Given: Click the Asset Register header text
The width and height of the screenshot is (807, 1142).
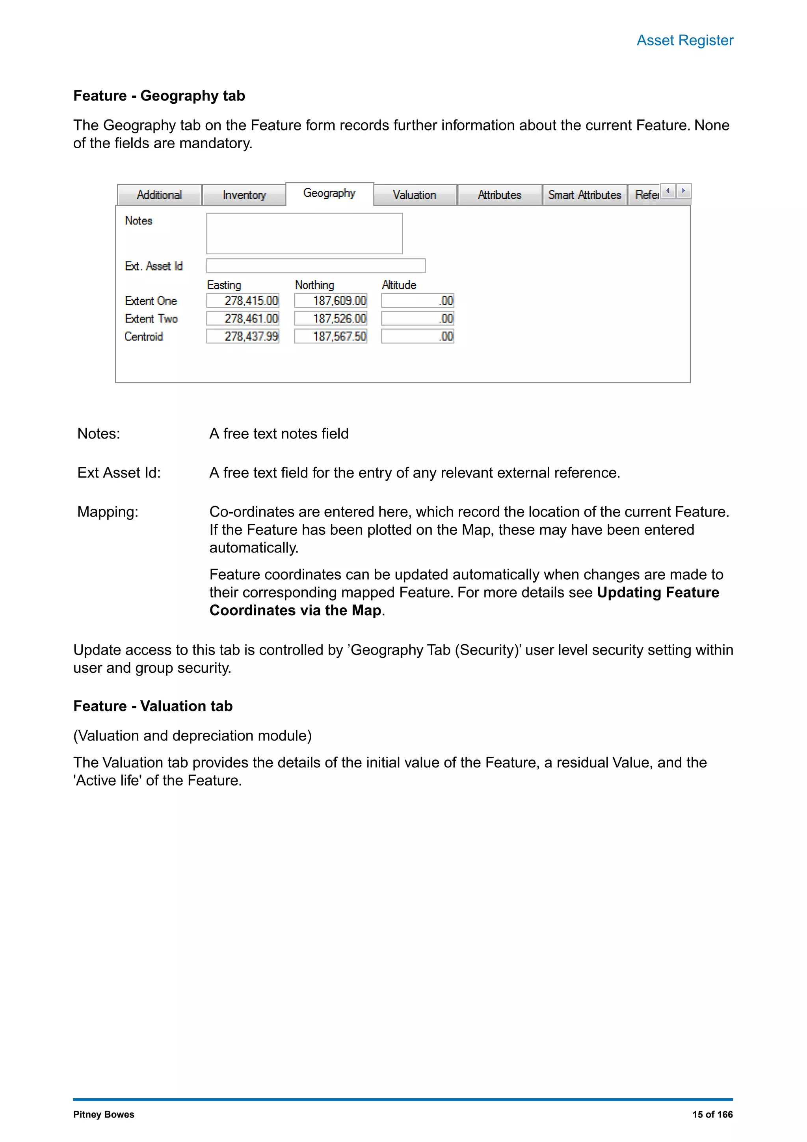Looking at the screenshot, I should tap(684, 40).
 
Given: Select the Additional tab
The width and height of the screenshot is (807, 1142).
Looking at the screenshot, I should tap(159, 195).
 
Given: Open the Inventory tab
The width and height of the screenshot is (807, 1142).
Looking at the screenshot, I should tap(244, 195).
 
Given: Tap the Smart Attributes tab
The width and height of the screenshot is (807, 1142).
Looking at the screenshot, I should tap(584, 195).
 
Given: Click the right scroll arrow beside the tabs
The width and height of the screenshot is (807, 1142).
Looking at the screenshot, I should tap(684, 191).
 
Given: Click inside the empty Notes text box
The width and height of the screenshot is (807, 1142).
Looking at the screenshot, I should tap(304, 234).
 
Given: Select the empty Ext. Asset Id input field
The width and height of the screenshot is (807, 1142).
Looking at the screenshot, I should tap(316, 266).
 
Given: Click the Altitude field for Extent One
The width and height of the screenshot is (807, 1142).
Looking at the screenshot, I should tap(417, 300).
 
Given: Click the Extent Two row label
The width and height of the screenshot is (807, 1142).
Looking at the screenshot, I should tap(151, 318).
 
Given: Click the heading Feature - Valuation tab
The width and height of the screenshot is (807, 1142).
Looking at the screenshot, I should tap(152, 706).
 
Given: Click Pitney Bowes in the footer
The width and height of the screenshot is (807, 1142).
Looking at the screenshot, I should tap(103, 1115).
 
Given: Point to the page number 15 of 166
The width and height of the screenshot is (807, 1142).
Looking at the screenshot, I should tap(712, 1115).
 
